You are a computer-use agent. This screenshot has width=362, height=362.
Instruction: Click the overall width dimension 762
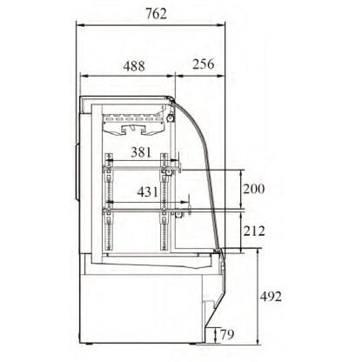(156, 14)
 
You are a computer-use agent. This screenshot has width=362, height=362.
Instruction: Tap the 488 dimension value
(134, 66)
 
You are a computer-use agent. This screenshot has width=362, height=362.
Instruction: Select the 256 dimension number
(204, 64)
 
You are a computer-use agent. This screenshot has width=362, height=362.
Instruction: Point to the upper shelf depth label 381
(141, 152)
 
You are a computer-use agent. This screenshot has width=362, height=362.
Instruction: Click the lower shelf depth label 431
(148, 191)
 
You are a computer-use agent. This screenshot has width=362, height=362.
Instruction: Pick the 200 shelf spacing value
(254, 189)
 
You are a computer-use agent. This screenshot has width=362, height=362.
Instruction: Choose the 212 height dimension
(254, 231)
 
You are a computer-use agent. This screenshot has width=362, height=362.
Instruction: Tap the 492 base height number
(271, 297)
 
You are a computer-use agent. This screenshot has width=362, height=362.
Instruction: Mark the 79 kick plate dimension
(227, 334)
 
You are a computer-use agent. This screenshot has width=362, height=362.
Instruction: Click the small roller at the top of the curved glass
(171, 118)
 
